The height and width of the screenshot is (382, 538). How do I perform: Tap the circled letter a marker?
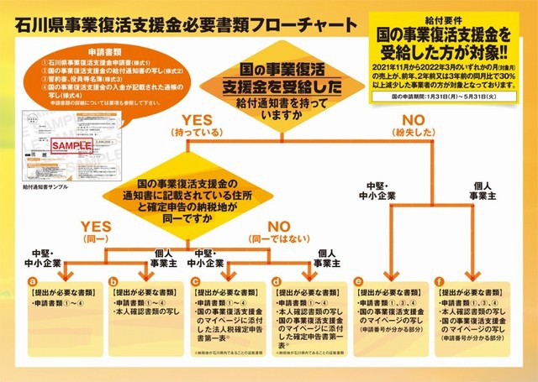coord(32,280)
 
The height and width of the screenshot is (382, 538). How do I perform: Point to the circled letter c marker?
coord(197,280)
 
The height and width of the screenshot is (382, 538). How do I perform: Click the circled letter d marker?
coord(277,280)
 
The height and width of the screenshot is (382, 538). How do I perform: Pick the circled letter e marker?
coord(360,280)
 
